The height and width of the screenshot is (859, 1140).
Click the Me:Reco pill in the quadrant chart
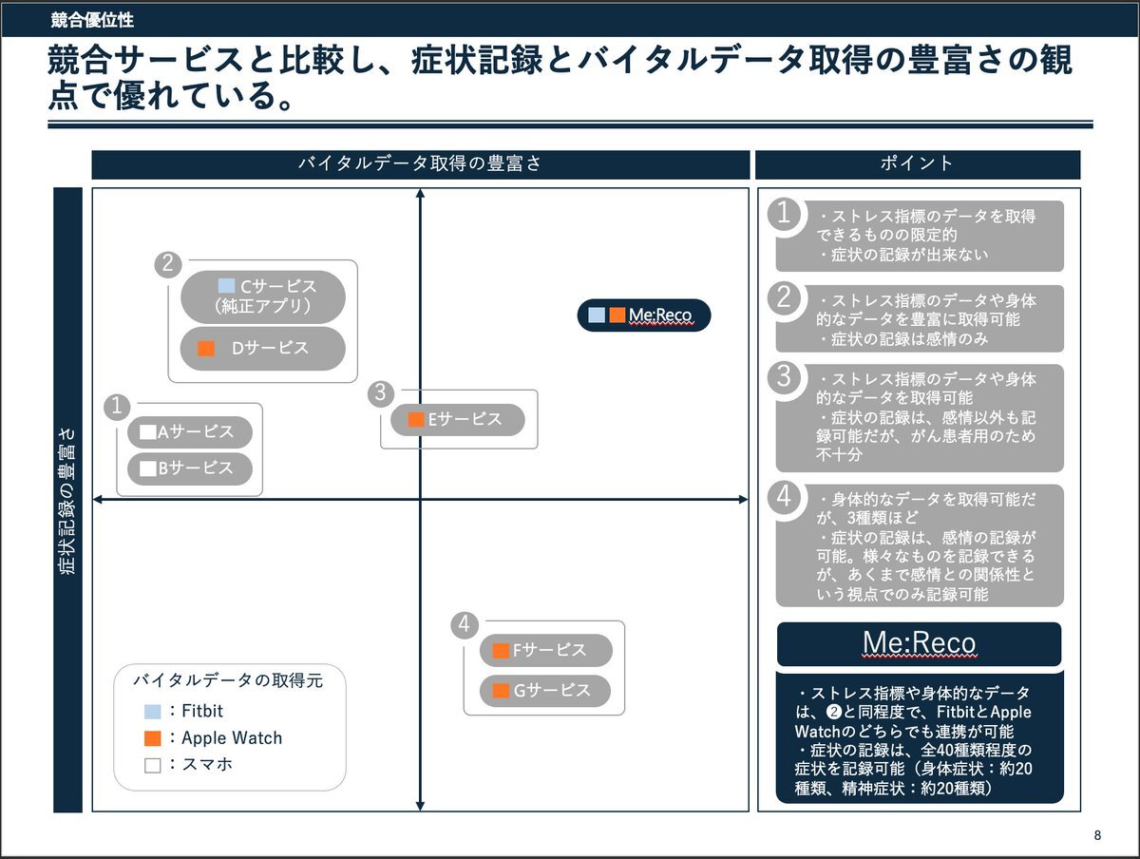point(644,315)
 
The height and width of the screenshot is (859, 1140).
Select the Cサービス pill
point(263,296)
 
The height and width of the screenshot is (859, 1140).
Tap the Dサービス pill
point(263,348)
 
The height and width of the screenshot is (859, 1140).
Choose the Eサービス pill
point(458,419)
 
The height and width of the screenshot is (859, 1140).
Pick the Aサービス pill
point(190,432)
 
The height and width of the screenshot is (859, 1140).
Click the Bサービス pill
point(190,468)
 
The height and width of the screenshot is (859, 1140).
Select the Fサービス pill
point(545,651)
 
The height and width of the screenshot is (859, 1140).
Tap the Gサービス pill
point(545,691)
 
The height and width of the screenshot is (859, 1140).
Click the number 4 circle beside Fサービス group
point(464,625)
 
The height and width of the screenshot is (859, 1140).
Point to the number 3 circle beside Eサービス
point(380,392)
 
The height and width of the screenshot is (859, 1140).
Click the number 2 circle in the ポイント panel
point(785,297)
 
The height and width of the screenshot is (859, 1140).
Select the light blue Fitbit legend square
point(153,711)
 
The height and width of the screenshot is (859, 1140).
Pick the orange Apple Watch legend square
point(153,738)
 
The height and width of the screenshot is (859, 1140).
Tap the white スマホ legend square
point(153,764)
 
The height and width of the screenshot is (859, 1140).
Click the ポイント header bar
point(917,164)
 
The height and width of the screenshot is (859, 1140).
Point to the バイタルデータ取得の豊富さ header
point(420,164)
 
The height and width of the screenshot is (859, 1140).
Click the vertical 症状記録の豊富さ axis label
point(67,500)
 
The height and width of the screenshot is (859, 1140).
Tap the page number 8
point(1098,836)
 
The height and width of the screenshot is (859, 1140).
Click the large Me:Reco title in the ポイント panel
point(919,644)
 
